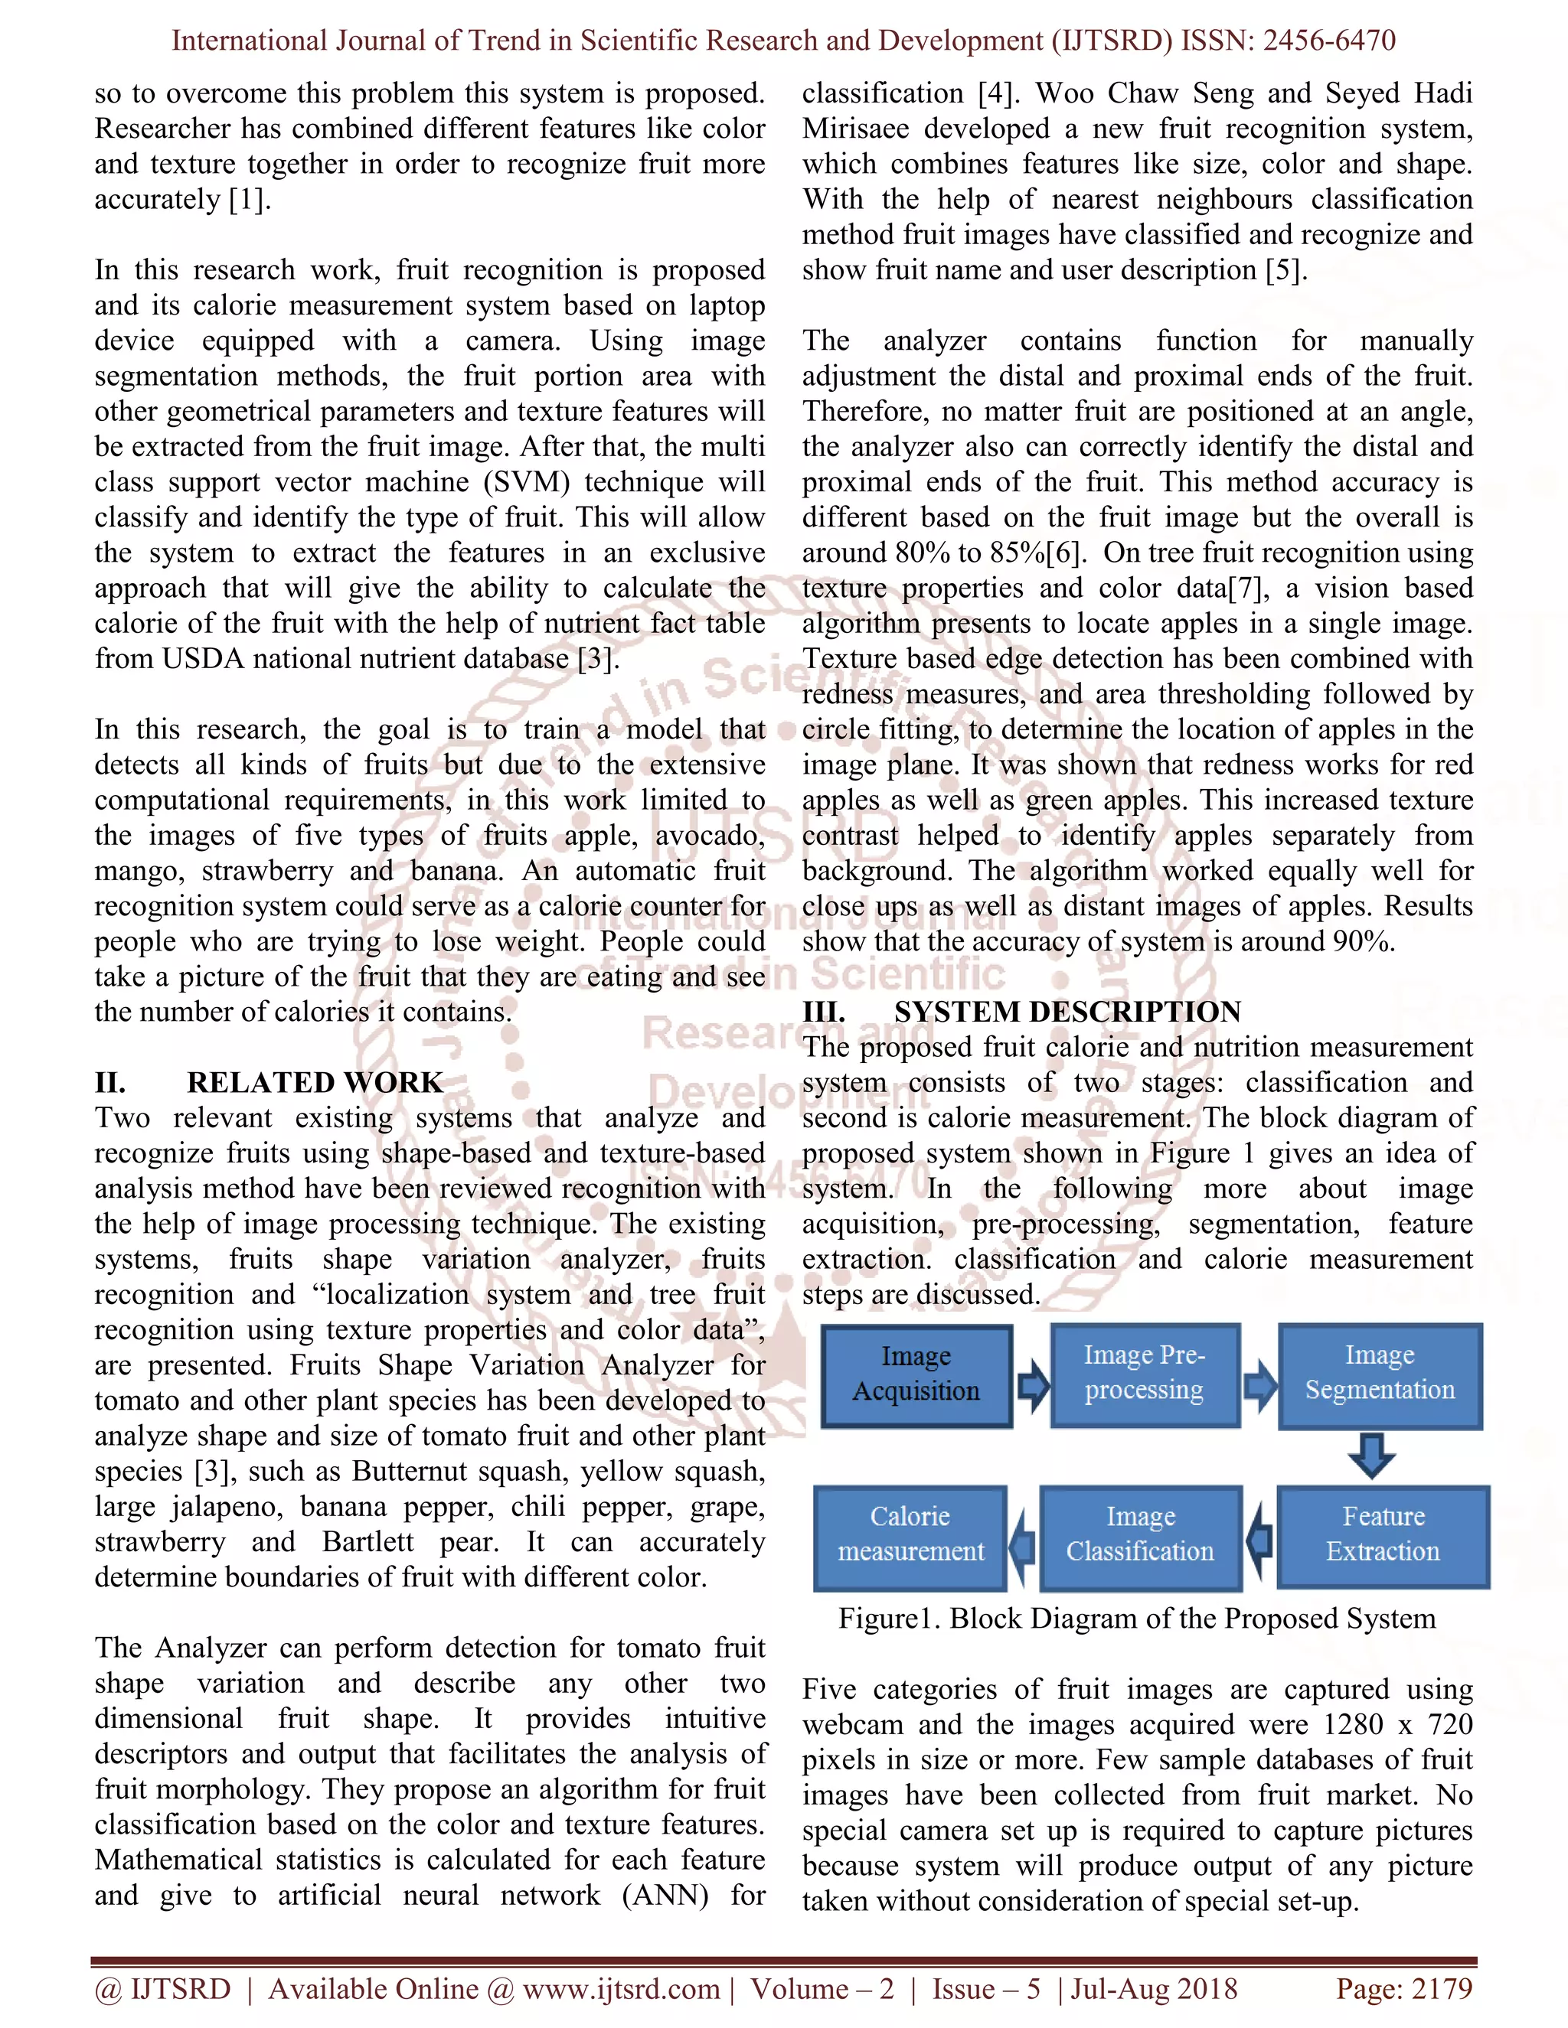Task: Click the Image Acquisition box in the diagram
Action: (916, 1374)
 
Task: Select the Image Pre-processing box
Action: (1145, 1374)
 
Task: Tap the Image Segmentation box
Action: (1380, 1374)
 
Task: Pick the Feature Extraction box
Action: (1382, 1535)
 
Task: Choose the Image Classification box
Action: (1140, 1535)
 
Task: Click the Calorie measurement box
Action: (910, 1535)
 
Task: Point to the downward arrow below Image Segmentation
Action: (1372, 1455)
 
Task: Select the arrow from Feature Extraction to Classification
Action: (1259, 1540)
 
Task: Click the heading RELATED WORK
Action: (315, 1083)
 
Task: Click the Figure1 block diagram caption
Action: (1136, 1619)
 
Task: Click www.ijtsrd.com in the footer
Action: (620, 1989)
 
